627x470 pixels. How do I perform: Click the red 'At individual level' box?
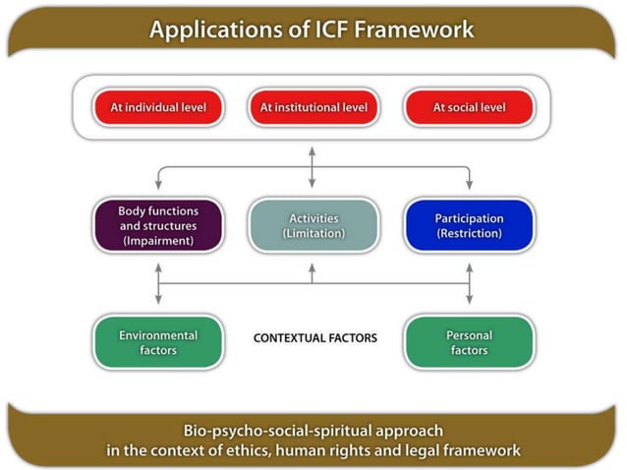click(x=156, y=106)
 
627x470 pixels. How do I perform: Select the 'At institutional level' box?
click(x=312, y=106)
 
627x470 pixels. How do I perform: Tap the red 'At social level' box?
click(x=469, y=106)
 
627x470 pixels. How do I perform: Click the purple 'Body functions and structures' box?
click(x=157, y=226)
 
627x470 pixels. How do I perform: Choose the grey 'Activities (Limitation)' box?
click(x=313, y=226)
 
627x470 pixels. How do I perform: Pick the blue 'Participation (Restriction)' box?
click(x=469, y=226)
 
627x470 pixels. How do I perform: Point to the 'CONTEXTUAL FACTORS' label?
click(x=314, y=338)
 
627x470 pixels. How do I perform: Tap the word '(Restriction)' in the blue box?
click(x=469, y=234)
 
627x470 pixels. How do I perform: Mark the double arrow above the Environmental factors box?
click(x=157, y=290)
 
